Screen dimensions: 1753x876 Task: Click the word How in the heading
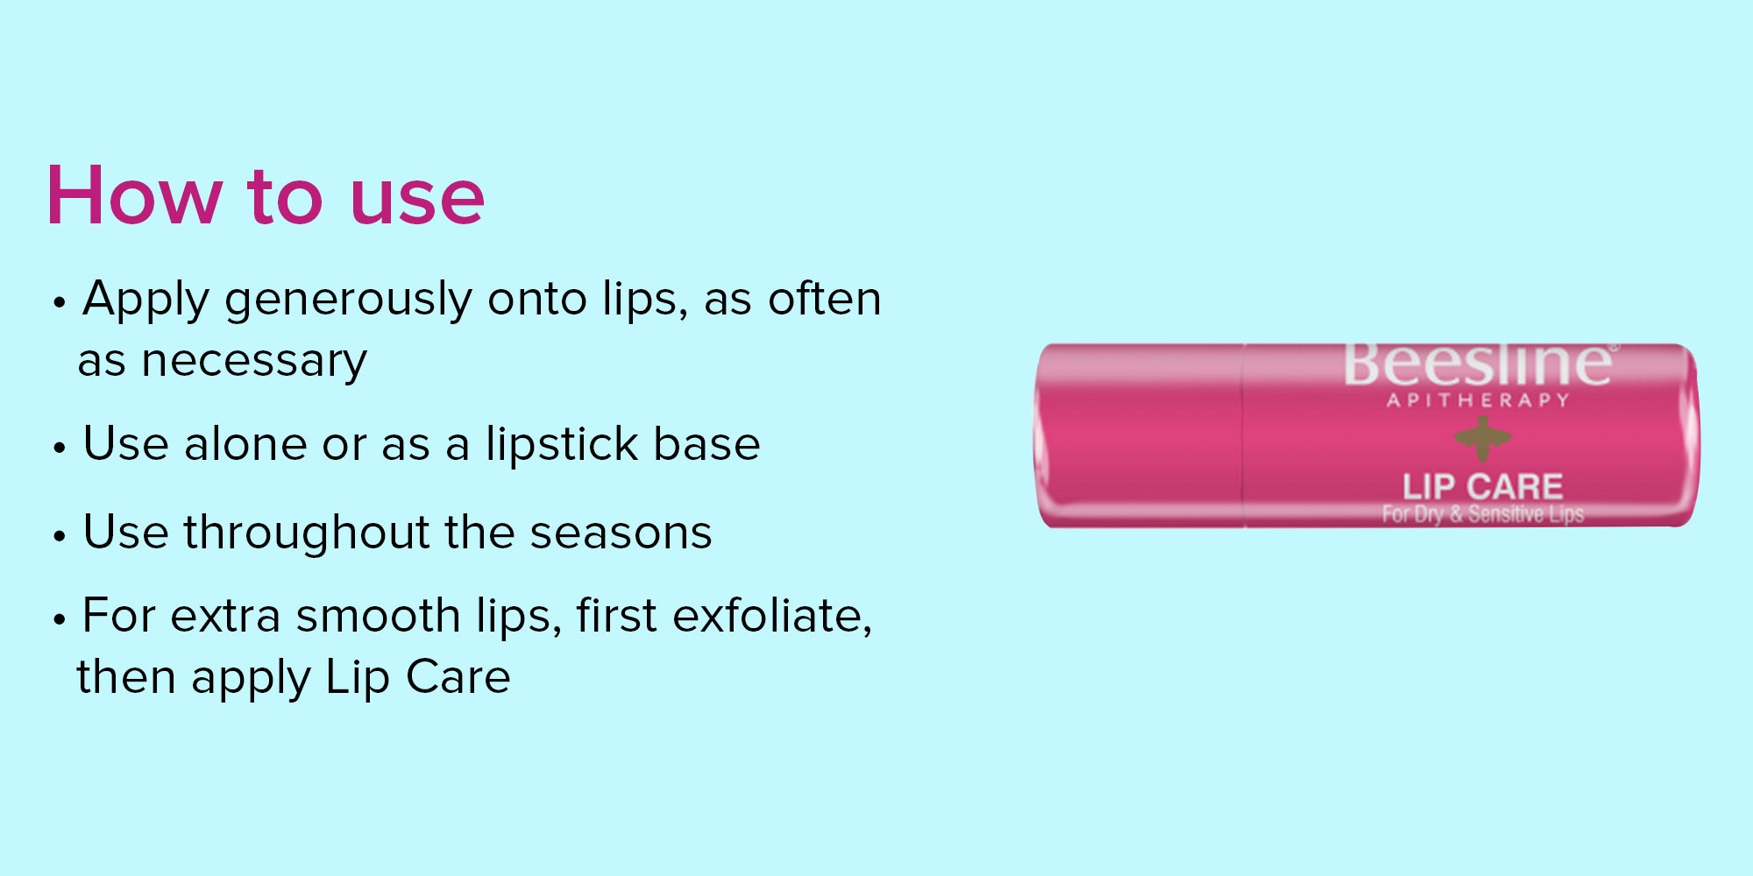point(134,195)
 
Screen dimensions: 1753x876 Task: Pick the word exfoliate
point(771,616)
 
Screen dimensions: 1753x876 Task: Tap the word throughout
point(307,532)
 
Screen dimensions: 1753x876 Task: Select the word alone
point(245,443)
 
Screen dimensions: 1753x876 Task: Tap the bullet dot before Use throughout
point(60,536)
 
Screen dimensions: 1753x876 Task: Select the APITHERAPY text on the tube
point(1478,400)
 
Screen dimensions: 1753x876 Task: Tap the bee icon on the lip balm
point(1482,438)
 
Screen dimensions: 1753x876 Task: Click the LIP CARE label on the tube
point(1482,486)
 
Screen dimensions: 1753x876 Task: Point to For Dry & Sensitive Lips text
point(1483,514)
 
